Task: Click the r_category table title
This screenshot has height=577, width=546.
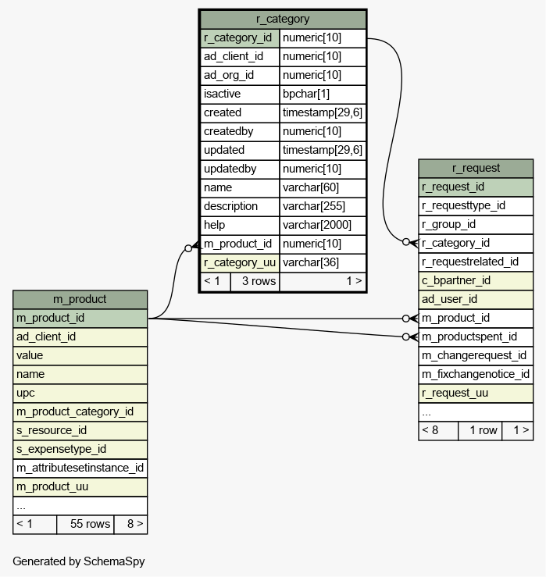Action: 283,19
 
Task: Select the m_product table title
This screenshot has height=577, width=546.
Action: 80,299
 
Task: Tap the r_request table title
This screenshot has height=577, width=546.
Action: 476,168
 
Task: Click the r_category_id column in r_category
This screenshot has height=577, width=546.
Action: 237,37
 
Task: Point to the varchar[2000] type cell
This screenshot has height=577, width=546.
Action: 317,225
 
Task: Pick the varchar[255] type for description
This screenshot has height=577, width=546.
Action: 314,206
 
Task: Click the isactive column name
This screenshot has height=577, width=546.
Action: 222,94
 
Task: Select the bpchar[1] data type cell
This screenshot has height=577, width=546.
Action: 306,94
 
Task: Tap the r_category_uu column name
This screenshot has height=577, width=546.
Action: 240,262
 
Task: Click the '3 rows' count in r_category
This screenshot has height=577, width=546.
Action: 259,281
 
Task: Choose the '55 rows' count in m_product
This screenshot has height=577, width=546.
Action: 90,524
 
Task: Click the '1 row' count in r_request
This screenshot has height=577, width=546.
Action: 484,430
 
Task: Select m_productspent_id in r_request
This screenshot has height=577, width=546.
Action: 469,337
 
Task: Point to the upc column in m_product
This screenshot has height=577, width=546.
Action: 26,393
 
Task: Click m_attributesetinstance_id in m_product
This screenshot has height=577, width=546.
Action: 80,468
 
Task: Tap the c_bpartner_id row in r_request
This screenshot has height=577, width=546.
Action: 456,280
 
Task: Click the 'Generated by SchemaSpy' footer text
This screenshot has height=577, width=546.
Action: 79,561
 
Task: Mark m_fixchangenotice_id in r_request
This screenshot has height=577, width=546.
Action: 476,374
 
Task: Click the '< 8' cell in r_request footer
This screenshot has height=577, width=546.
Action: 430,430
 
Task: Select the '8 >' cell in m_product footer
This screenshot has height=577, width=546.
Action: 135,524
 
